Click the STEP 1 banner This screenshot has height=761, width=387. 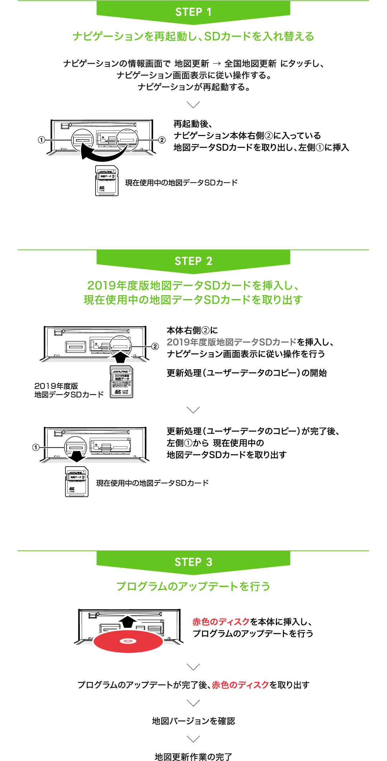(193, 12)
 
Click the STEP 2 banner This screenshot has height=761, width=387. (193, 261)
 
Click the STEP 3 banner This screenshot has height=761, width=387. (193, 562)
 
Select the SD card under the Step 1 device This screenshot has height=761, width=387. (107, 181)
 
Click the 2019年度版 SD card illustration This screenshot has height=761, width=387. (121, 382)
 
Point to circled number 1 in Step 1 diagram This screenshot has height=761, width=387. (42, 140)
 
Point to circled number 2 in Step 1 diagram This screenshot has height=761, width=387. (162, 140)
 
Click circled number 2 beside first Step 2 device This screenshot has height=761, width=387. (155, 346)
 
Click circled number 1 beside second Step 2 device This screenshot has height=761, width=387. (35, 447)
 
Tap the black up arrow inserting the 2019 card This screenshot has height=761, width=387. (121, 357)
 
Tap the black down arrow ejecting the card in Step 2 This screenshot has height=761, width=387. (77, 456)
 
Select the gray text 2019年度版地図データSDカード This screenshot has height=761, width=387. (231, 342)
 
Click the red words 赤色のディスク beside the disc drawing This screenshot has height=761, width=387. (221, 622)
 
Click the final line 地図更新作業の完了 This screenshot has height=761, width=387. (193, 756)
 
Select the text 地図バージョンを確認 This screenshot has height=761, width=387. (193, 721)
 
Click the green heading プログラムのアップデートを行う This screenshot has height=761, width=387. (193, 586)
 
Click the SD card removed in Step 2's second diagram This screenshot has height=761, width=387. (77, 482)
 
